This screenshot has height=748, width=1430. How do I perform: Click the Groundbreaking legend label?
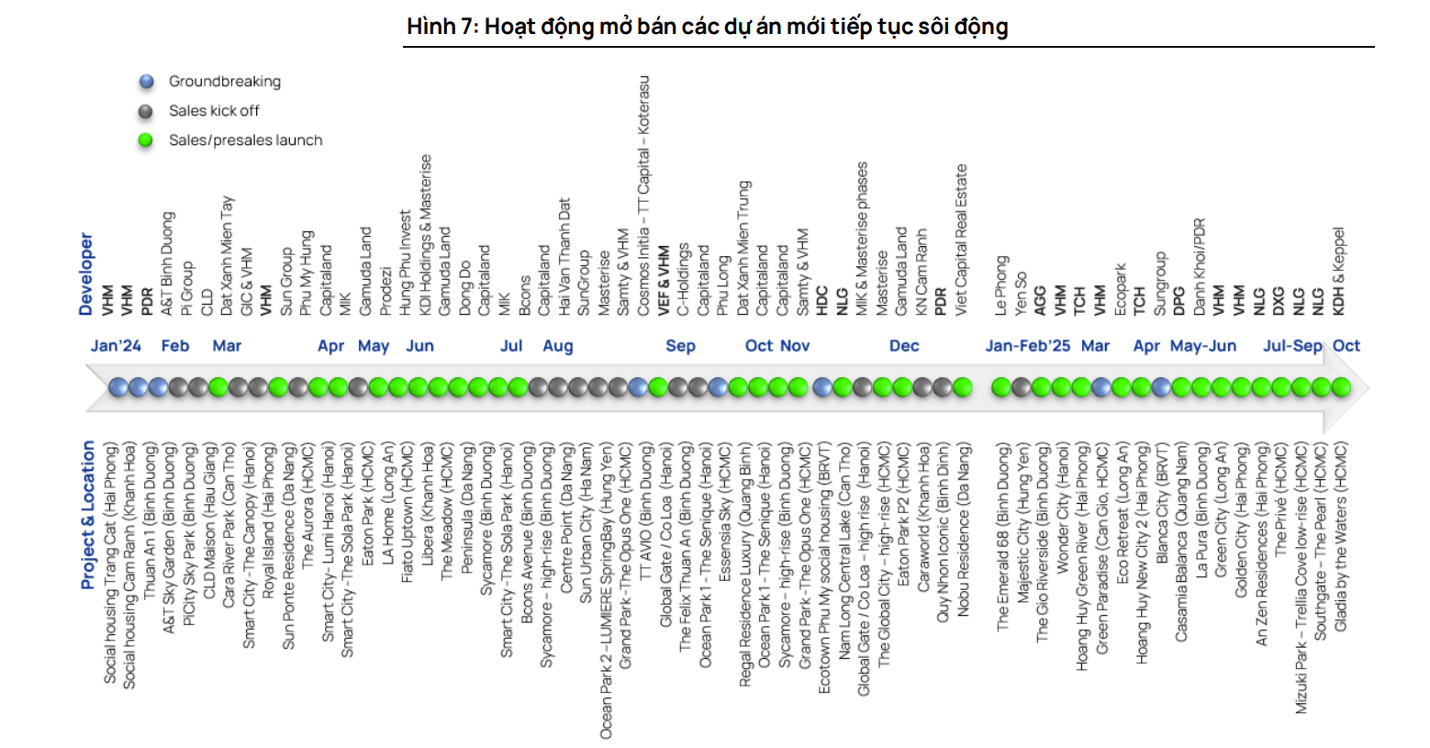pos(224,82)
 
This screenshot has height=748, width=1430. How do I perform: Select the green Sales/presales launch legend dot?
pos(146,140)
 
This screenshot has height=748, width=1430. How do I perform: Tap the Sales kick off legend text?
pos(214,111)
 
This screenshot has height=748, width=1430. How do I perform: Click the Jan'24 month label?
pos(116,346)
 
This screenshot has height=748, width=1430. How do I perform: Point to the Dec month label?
pos(904,346)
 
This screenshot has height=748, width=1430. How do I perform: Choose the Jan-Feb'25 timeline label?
pos(1027,346)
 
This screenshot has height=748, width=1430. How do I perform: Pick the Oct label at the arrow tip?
pos(1346,346)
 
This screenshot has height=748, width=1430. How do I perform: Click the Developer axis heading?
pos(86,274)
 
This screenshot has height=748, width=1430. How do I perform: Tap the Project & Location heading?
pos(87,515)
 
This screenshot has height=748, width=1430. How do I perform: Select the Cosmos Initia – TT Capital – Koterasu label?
pos(643,195)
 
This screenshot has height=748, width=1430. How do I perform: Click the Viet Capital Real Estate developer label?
pos(961,240)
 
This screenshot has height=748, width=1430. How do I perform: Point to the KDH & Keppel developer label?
pos(1338,272)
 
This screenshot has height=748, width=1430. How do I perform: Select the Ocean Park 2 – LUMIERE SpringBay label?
pos(606,591)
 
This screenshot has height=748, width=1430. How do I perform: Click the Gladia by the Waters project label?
pos(1340,538)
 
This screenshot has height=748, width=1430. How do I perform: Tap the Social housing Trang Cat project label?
pos(110,564)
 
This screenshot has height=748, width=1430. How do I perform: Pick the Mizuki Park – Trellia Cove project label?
pos(1301,578)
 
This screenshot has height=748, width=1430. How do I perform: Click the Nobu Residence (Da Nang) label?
pos(964,530)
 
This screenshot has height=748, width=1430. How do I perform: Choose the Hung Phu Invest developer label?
pos(405,263)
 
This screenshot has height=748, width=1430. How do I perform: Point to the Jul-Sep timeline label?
pos(1292,346)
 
